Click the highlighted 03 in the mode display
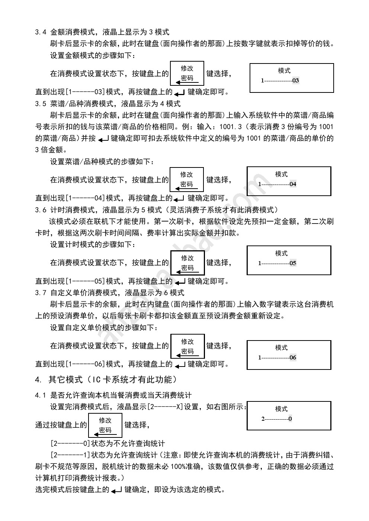point(295,81)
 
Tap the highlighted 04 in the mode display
point(293,184)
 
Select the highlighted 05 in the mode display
point(293,263)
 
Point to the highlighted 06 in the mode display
point(293,357)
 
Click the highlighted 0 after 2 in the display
point(290,419)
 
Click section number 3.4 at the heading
point(41,32)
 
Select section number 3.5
point(41,104)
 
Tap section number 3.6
point(41,210)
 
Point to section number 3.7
point(41,293)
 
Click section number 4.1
point(41,395)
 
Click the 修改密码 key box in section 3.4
point(187,74)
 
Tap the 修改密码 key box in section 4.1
point(105,426)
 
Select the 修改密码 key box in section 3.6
point(187,263)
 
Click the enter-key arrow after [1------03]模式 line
point(179,93)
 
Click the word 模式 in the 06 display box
point(282,348)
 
